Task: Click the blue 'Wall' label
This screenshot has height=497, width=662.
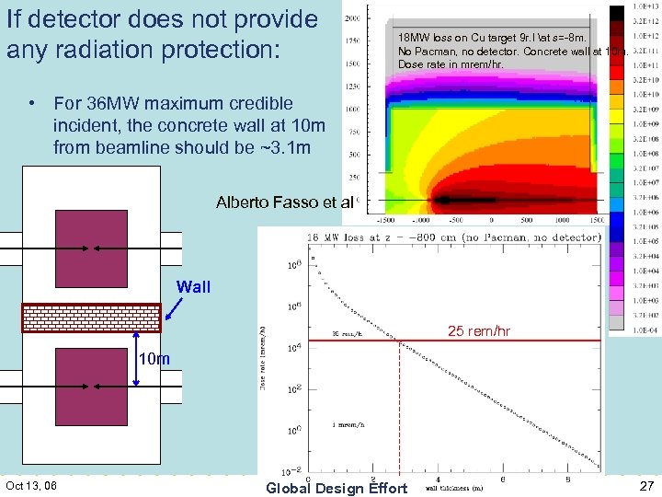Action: pos(193,287)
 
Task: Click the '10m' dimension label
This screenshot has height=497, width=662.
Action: pos(154,359)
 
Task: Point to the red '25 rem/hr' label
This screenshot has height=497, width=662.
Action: pos(479,330)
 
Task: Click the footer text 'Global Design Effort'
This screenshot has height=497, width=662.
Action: pos(336,488)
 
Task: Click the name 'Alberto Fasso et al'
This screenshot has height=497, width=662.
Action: pos(284,202)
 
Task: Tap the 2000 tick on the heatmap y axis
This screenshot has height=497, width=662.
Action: pos(352,17)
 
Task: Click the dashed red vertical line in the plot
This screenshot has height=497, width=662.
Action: pos(399,405)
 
